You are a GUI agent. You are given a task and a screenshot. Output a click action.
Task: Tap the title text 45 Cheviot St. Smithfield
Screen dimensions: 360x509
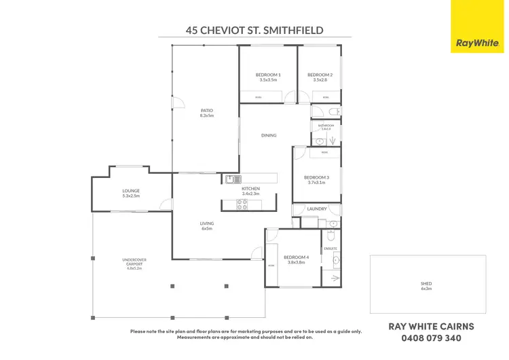[x=254, y=30]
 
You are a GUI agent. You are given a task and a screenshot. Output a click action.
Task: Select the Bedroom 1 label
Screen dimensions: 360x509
[x=268, y=77]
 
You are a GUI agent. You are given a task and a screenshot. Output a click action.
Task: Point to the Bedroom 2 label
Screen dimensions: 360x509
[x=319, y=77]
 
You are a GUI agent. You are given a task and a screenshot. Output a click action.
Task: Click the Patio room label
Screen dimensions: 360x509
[x=207, y=113]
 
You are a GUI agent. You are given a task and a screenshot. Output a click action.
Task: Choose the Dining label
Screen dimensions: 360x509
[x=269, y=135]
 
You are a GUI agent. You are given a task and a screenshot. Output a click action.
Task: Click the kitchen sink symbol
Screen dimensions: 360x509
[x=233, y=179]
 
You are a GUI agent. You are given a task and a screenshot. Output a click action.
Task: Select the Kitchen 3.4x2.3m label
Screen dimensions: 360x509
[x=250, y=191]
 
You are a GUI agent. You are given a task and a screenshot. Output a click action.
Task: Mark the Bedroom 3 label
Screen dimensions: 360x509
[x=316, y=179]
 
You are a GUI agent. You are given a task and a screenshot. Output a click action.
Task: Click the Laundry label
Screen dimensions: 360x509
[x=317, y=209]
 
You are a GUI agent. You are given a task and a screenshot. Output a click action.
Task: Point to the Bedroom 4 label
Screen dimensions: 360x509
[x=296, y=259]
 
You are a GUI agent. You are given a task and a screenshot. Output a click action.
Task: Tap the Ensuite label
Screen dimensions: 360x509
[x=331, y=249]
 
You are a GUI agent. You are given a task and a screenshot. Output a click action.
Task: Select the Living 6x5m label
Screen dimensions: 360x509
[x=207, y=226]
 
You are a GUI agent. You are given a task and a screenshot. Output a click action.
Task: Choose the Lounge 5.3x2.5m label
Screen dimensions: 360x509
[x=131, y=193]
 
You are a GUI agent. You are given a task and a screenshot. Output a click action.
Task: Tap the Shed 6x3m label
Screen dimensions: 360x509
[x=427, y=286]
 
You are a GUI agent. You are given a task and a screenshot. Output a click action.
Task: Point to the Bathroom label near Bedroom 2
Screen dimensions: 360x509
[x=326, y=126]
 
